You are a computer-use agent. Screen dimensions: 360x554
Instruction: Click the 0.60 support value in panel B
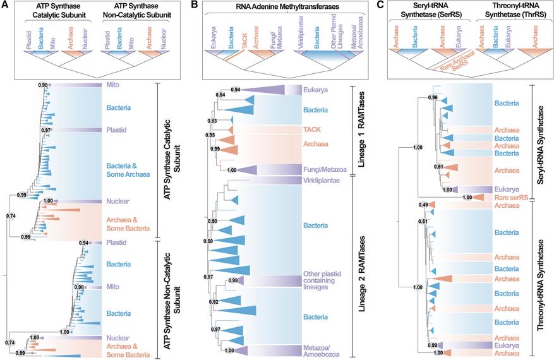(208, 241)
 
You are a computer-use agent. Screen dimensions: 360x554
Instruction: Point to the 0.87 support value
(208, 277)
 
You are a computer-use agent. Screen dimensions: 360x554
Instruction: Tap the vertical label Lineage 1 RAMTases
(361, 129)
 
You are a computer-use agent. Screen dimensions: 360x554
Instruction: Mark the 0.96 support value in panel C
(433, 98)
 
